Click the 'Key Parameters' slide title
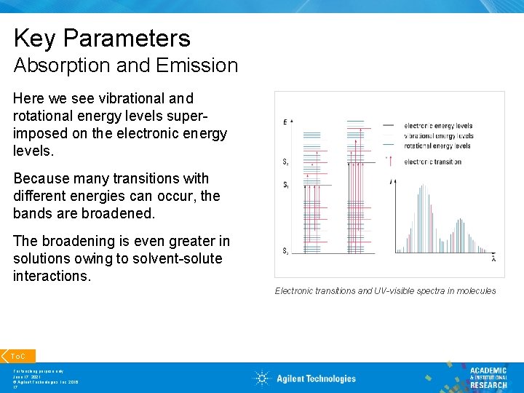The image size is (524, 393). click(102, 38)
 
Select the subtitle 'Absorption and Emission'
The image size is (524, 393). click(125, 65)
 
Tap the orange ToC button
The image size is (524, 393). click(19, 356)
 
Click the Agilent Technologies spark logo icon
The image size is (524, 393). click(262, 378)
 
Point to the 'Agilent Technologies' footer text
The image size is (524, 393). click(316, 378)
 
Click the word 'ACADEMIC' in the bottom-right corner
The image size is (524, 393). click(488, 370)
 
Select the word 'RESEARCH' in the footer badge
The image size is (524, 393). click(488, 385)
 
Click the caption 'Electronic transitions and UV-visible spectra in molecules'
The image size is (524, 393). click(385, 291)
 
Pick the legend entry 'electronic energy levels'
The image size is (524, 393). click(438, 126)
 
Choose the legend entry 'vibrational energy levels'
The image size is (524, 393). click(439, 136)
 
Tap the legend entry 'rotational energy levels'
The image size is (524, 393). click(437, 146)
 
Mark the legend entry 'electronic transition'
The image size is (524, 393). click(432, 162)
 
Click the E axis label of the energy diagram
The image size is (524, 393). click(285, 122)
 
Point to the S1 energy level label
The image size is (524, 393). click(285, 185)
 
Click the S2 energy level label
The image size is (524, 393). click(285, 162)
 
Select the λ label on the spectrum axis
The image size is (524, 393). click(494, 258)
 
